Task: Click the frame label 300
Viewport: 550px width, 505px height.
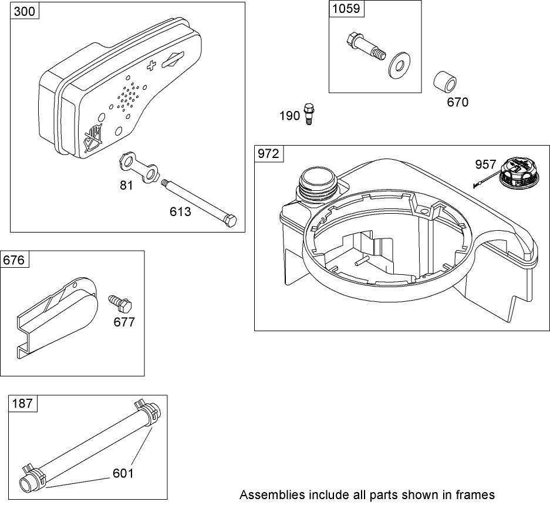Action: [x=24, y=11]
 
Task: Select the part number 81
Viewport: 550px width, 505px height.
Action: [x=127, y=185]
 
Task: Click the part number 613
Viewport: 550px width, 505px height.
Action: [x=180, y=211]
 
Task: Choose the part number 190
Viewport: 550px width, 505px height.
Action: [x=289, y=116]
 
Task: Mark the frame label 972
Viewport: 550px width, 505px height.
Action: [x=269, y=154]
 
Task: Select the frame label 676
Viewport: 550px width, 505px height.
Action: [x=14, y=260]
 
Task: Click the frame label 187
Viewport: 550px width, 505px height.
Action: [x=23, y=403]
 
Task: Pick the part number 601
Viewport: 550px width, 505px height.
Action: [x=124, y=472]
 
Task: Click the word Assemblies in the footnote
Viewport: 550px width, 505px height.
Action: [x=268, y=494]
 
